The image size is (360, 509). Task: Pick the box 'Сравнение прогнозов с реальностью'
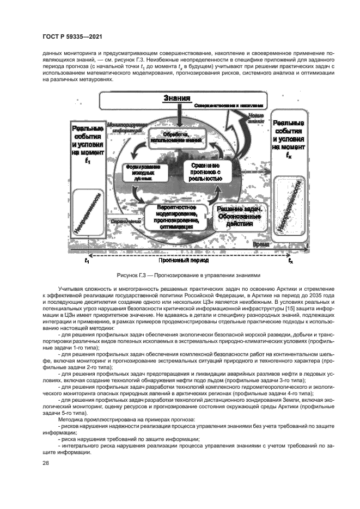point(205,171)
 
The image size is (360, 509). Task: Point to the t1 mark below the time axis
point(86,261)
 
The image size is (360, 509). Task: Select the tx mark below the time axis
point(290,261)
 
